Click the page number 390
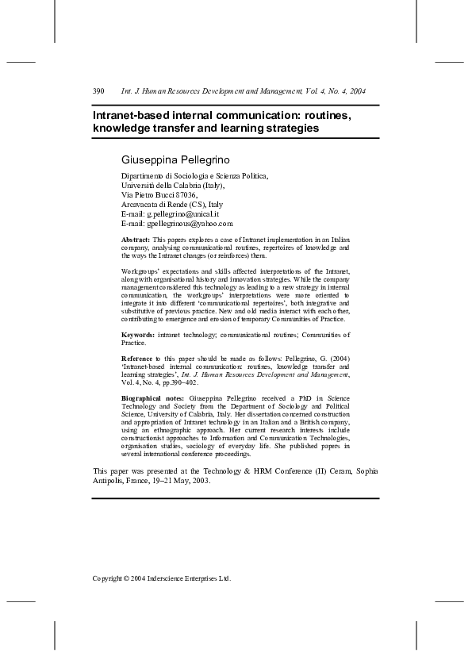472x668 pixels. click(98, 91)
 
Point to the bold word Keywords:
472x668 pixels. click(139, 336)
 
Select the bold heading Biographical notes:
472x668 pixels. click(153, 397)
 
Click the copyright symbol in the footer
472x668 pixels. click(127, 578)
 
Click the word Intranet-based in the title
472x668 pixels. click(130, 115)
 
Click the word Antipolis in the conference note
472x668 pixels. click(110, 481)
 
